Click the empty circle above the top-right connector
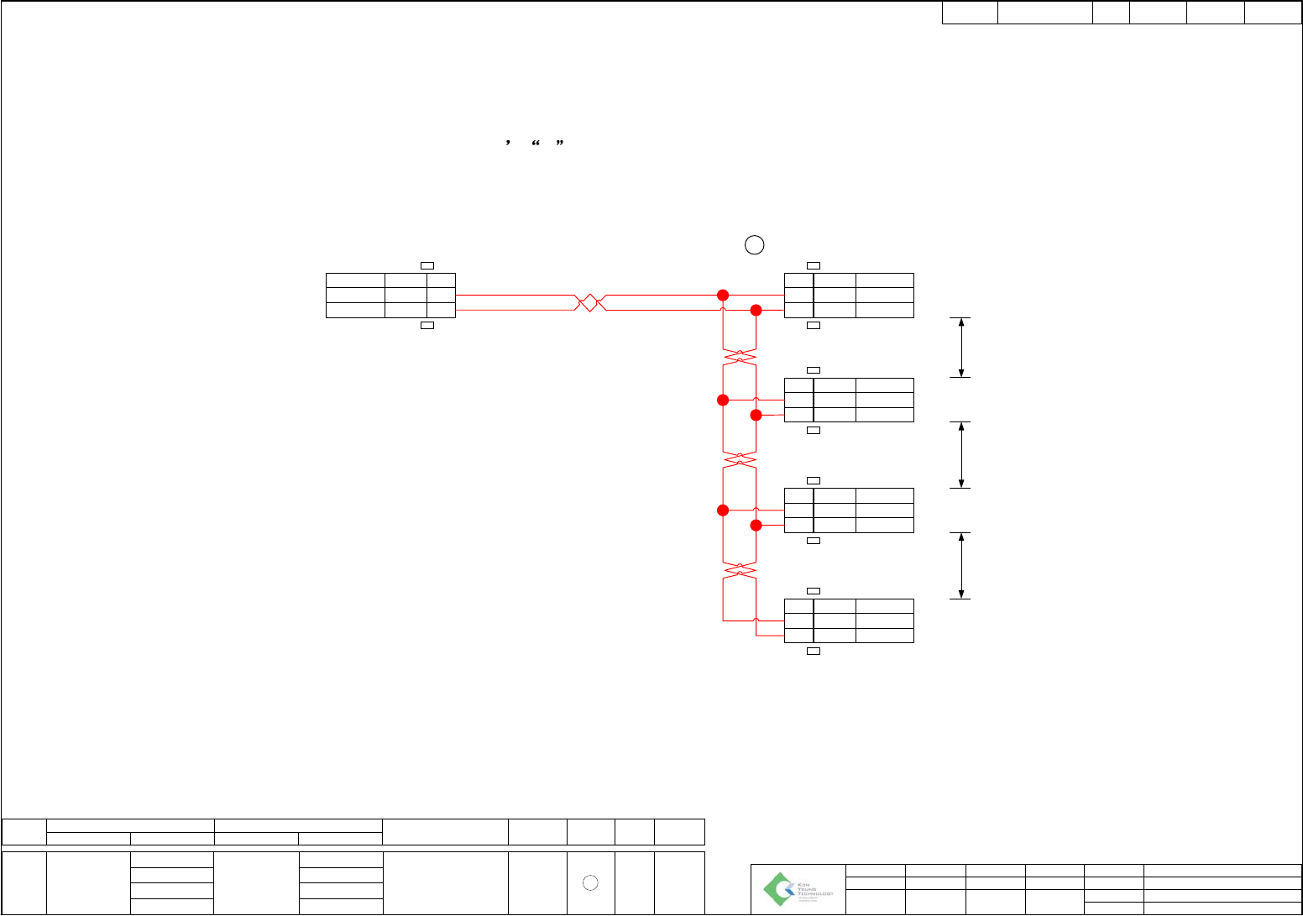[754, 245]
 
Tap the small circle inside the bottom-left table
[590, 882]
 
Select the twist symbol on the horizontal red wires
[590, 302]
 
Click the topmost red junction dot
[723, 295]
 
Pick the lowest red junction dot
[756, 525]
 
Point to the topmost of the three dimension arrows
[961, 348]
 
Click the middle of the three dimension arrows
[961, 454]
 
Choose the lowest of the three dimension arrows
[961, 565]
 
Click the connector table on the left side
[390, 296]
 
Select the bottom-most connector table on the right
[849, 620]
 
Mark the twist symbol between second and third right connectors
[740, 459]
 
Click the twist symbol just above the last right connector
[740, 570]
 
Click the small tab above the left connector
[426, 265]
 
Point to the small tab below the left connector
[426, 325]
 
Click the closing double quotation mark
[559, 144]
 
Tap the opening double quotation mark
[535, 144]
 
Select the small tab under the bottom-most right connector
[813, 651]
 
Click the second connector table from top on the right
[849, 400]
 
